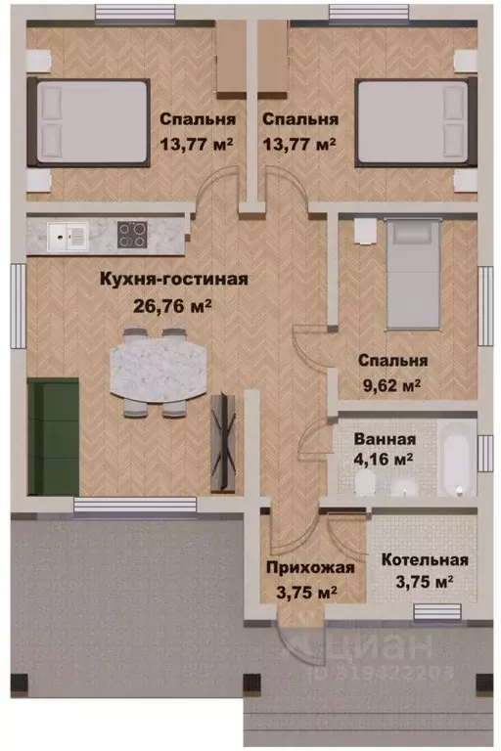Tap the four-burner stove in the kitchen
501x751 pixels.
(x=132, y=235)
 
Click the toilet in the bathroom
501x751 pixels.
(x=365, y=485)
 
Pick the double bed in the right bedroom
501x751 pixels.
(x=412, y=120)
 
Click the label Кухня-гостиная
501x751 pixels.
(x=174, y=279)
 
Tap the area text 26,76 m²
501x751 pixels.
(x=174, y=304)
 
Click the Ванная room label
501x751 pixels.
(x=380, y=439)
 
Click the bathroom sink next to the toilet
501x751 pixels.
(x=411, y=487)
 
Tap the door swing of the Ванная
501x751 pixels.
(x=316, y=435)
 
